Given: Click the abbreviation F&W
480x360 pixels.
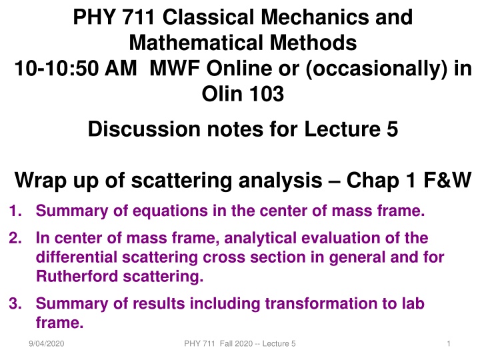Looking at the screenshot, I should pos(445,180).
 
